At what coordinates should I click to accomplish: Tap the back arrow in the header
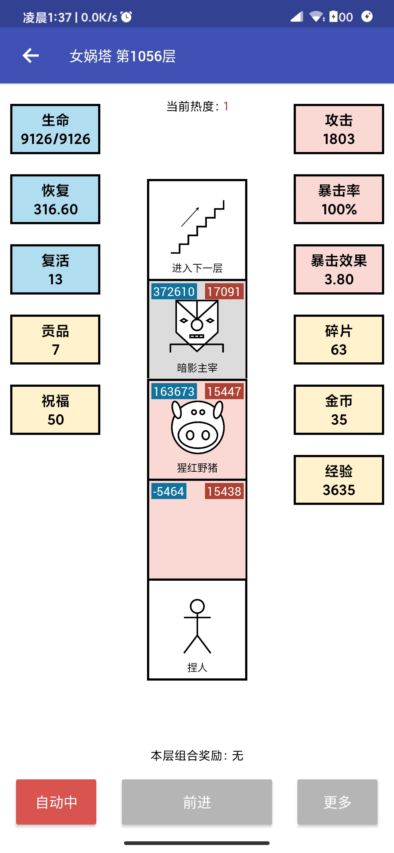[31, 56]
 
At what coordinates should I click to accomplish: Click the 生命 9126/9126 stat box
[55, 129]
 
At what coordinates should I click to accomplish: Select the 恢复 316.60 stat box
[55, 199]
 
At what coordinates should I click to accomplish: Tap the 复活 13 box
[55, 269]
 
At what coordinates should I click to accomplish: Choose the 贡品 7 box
[55, 340]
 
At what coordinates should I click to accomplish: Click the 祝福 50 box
[55, 410]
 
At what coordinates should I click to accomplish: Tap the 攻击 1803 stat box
[339, 129]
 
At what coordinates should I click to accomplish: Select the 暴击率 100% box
[339, 199]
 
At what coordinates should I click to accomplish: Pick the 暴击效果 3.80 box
[339, 269]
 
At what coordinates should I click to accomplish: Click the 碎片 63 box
[339, 340]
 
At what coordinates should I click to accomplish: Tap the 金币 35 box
[339, 410]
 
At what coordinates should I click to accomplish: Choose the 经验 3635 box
[339, 480]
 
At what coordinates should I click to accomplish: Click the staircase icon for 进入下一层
[197, 227]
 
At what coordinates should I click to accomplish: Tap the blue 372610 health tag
[174, 292]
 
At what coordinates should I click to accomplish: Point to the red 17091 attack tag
[224, 292]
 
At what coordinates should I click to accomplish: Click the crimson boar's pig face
[197, 427]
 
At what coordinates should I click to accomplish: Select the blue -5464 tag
[169, 491]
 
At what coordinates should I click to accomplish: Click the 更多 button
[337, 802]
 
